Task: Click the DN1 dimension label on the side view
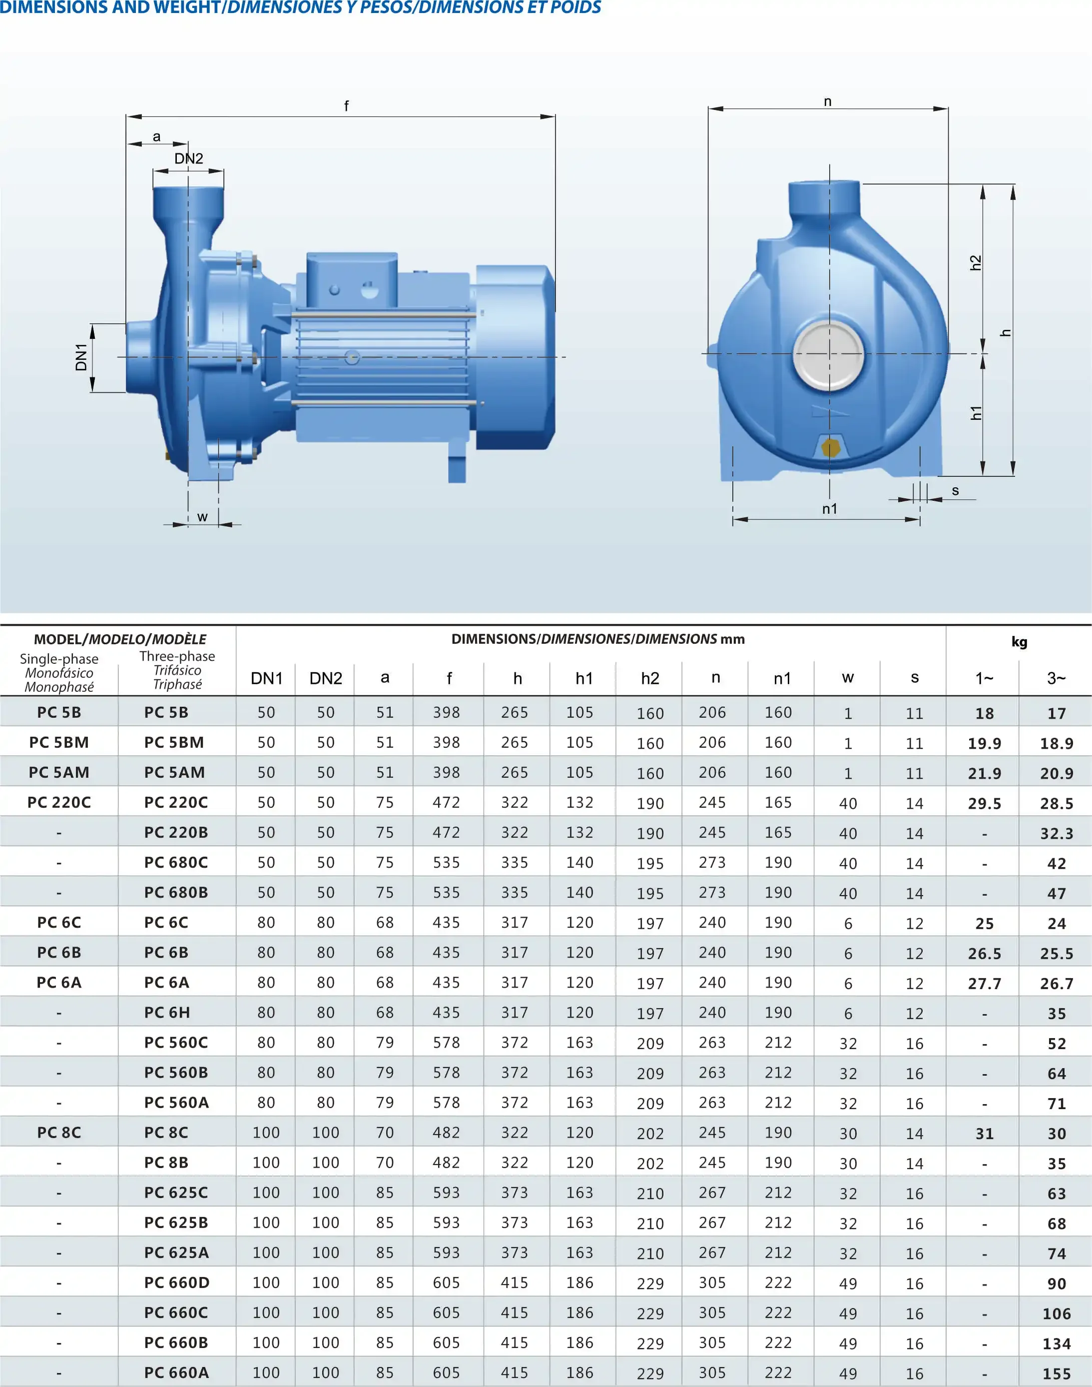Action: point(81,357)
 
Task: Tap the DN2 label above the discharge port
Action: point(189,158)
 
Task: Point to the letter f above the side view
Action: point(347,105)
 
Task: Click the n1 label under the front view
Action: point(829,509)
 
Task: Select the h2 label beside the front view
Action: point(976,263)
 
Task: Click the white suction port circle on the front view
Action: point(829,354)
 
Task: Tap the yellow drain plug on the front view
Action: point(830,448)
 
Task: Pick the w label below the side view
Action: point(203,517)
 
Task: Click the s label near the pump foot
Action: point(955,491)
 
